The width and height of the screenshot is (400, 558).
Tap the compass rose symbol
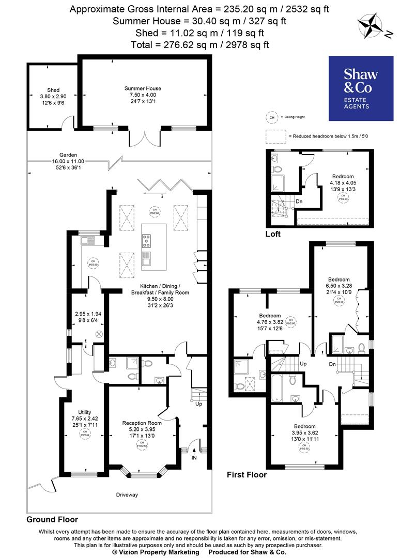tap(370, 26)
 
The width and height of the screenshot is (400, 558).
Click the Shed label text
tap(53, 90)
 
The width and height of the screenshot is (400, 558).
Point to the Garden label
tap(68, 154)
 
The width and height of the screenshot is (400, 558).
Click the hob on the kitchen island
tap(146, 240)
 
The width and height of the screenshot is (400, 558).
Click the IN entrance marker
tap(194, 458)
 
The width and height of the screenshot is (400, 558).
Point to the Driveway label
tap(127, 495)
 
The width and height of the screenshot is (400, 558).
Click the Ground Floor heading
tap(52, 519)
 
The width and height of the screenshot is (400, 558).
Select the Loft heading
tap(273, 234)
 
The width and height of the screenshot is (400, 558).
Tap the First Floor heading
tap(247, 475)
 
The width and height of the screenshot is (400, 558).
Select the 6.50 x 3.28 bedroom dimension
tap(339, 286)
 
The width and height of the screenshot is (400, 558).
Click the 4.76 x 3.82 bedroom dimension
tap(270, 322)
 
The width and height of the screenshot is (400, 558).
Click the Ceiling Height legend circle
tap(271, 117)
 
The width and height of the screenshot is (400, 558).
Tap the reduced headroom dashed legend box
tap(275, 136)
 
